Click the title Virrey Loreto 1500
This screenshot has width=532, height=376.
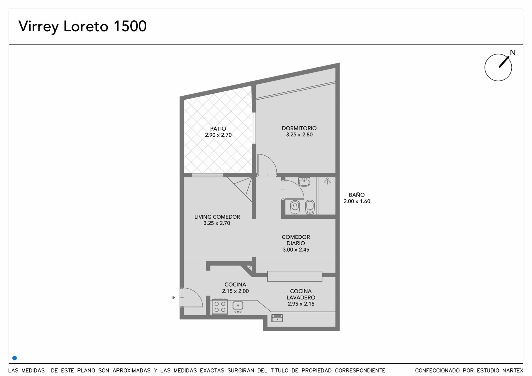coord(82,27)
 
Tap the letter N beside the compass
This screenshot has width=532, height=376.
coord(513,53)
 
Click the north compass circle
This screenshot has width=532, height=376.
coord(498,67)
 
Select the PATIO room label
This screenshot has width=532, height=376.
coord(218,129)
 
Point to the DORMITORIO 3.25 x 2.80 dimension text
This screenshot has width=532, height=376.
coord(299,135)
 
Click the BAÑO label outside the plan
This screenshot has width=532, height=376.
coord(357,195)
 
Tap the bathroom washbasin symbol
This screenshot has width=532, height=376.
coord(304,182)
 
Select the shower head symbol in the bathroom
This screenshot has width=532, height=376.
coord(327,181)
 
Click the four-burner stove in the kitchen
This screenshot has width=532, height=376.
coord(220,307)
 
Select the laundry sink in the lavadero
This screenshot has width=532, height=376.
coord(277,318)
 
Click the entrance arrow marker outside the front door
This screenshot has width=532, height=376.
coord(174,298)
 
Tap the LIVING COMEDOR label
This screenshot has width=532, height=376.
coord(217,217)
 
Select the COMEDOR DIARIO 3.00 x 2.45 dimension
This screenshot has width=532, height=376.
coord(296,250)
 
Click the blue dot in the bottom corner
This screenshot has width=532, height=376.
coord(15,358)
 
